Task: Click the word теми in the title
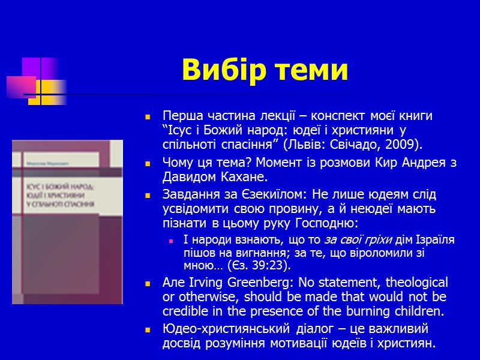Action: [x=311, y=70]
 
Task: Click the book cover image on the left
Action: [x=67, y=221]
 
